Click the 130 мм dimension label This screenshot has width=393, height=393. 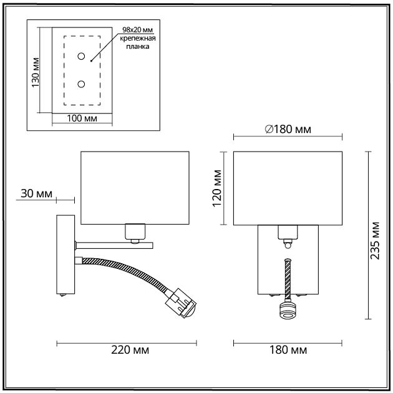[x=36, y=74]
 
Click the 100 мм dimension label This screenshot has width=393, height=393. [x=82, y=119]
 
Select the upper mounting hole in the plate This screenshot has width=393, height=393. [x=82, y=57]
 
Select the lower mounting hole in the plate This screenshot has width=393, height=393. [x=82, y=84]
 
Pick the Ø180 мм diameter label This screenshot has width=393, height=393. [x=288, y=129]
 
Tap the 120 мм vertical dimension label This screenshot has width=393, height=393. [x=216, y=188]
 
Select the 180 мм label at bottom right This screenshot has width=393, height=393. [x=288, y=350]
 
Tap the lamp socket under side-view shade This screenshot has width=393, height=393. [x=134, y=233]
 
